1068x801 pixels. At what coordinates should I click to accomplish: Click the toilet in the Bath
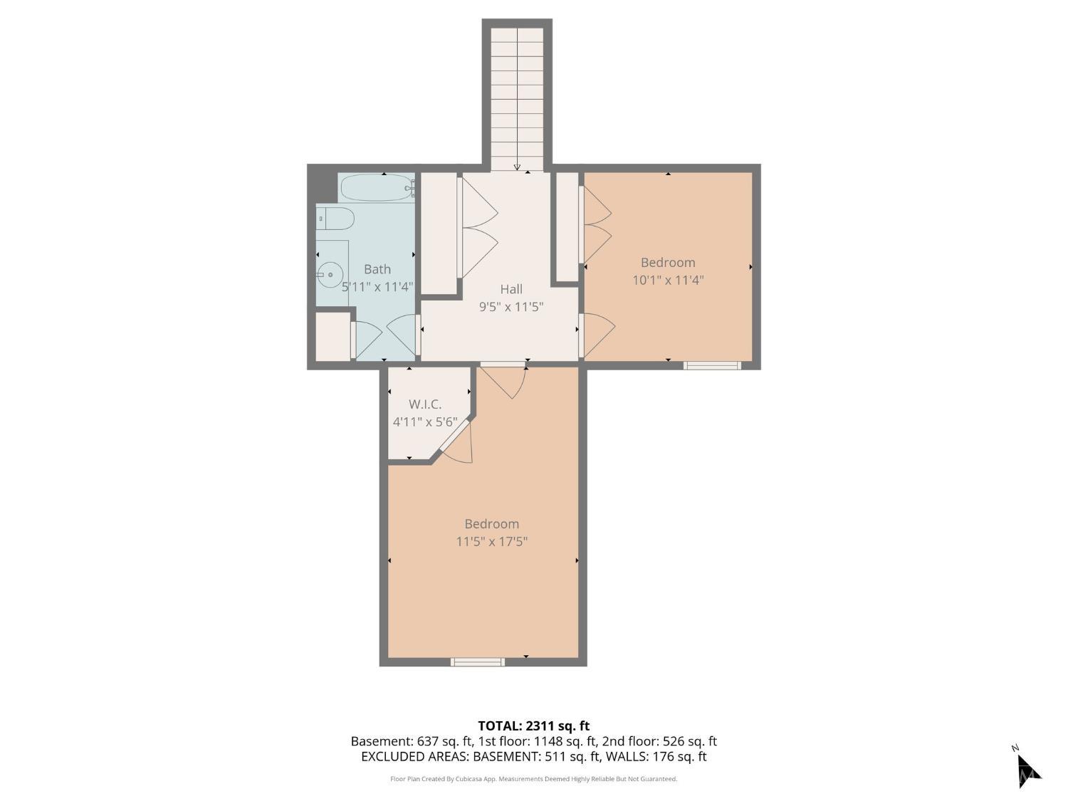coord(335,219)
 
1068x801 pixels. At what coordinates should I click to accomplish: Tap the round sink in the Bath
coord(329,274)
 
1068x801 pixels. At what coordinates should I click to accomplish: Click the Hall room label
coord(511,289)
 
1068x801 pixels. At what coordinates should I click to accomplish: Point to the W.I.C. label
coord(425,404)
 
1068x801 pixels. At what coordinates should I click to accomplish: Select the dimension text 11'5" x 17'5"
coord(492,542)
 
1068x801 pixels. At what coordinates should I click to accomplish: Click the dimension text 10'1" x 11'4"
coord(668,281)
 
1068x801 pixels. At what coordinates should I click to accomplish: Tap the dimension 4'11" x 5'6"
coord(425,422)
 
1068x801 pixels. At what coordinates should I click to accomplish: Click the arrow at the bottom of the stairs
coord(517,167)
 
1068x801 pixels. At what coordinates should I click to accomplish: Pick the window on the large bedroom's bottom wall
coord(478,662)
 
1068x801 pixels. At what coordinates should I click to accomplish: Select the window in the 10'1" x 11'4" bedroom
coord(712,366)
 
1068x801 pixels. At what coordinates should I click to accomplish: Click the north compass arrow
coord(1027,769)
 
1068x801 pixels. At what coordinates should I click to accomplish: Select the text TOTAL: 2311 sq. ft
coord(533,726)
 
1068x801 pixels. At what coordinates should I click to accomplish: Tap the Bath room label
coord(377,269)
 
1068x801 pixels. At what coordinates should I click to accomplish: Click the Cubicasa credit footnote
coord(533,779)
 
